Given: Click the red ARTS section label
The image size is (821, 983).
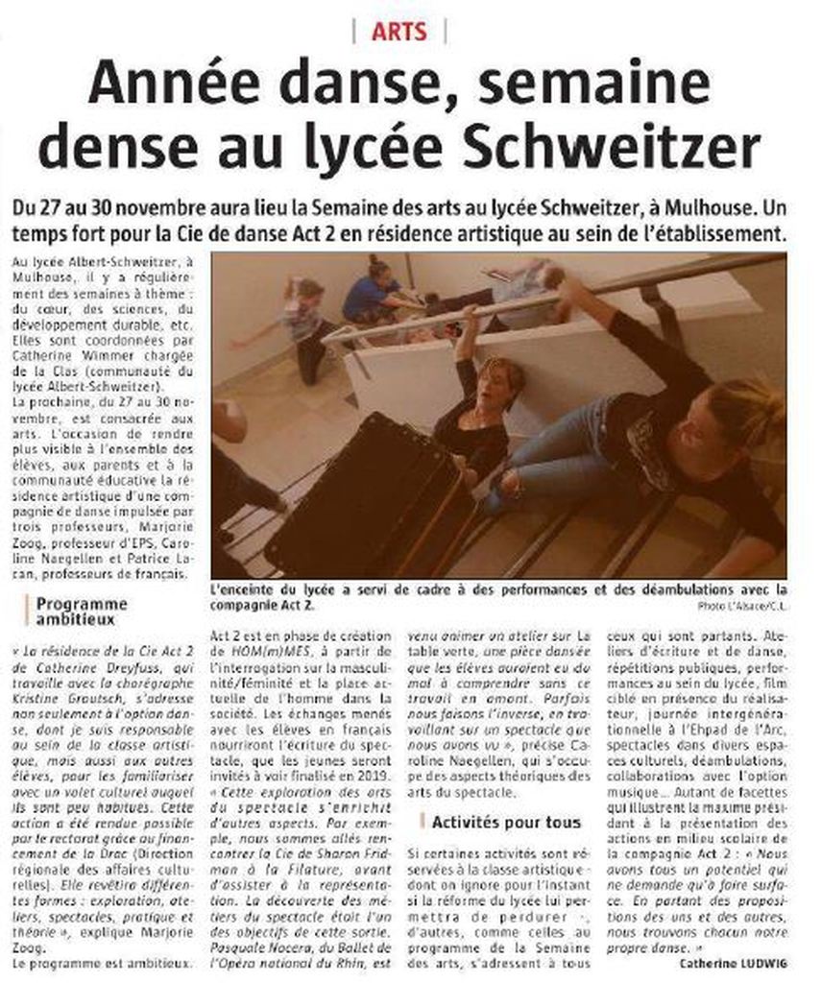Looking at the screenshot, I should [x=399, y=32].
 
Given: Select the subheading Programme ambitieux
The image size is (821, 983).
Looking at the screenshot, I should [x=81, y=611].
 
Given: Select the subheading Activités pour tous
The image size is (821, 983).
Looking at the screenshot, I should [x=506, y=822].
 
